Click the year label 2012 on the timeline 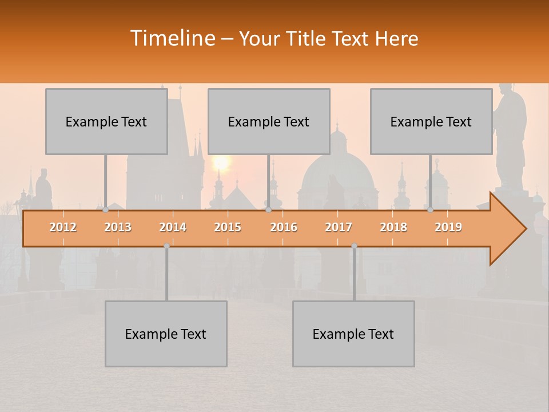[63, 227]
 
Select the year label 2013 [118, 227]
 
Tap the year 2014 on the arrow [173, 227]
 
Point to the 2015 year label [228, 227]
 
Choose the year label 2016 [284, 227]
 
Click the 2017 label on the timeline [339, 227]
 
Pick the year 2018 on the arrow [393, 227]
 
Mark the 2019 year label [448, 227]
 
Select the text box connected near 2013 [106, 121]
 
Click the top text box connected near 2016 [269, 121]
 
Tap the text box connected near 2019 [431, 121]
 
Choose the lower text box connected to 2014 [166, 334]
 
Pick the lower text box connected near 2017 [353, 334]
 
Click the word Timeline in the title [172, 38]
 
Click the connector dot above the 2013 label [106, 210]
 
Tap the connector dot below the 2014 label [166, 246]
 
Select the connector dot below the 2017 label [354, 246]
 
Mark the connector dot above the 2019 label [431, 210]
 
